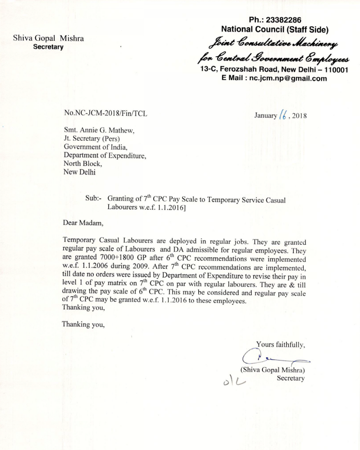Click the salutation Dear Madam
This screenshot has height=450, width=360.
(x=82, y=223)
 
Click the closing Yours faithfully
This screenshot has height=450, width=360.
(x=280, y=345)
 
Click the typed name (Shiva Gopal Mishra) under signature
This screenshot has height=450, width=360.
(x=272, y=369)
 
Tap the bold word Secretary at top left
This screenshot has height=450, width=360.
(x=48, y=47)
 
